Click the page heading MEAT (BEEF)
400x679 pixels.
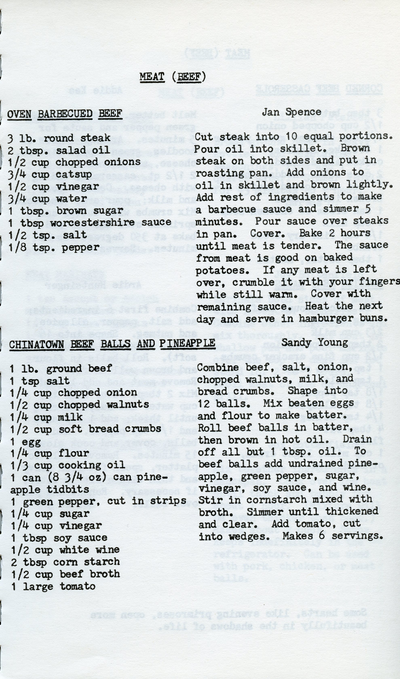(172, 77)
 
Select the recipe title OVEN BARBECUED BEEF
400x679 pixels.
(65, 114)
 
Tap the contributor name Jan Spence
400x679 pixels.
(291, 112)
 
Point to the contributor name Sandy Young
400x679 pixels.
(315, 343)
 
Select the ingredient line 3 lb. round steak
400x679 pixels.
(59, 138)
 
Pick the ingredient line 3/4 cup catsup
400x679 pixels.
(50, 174)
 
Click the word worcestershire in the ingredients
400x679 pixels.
(92, 222)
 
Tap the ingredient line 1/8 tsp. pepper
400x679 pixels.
(54, 247)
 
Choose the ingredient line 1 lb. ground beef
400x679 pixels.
(61, 368)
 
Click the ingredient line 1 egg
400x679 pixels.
(26, 442)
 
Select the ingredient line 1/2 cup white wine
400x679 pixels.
(65, 550)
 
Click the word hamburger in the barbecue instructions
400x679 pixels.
(326, 318)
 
